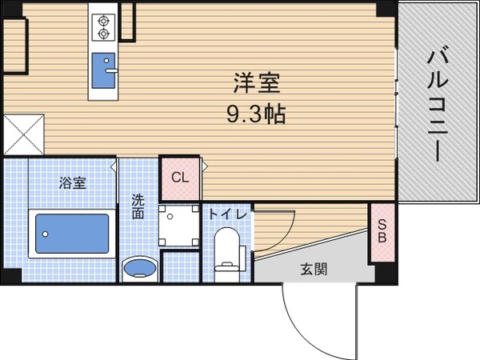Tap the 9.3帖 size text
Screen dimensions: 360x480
point(255,113)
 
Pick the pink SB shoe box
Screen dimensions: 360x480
point(382,233)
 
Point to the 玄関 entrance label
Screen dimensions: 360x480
point(313,270)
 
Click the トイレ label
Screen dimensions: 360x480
point(227,214)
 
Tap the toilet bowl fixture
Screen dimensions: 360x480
point(228,248)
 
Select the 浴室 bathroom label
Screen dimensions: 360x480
point(73,183)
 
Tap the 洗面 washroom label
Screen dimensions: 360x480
point(138,208)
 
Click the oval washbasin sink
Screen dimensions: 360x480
point(139,266)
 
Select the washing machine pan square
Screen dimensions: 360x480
point(178,226)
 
